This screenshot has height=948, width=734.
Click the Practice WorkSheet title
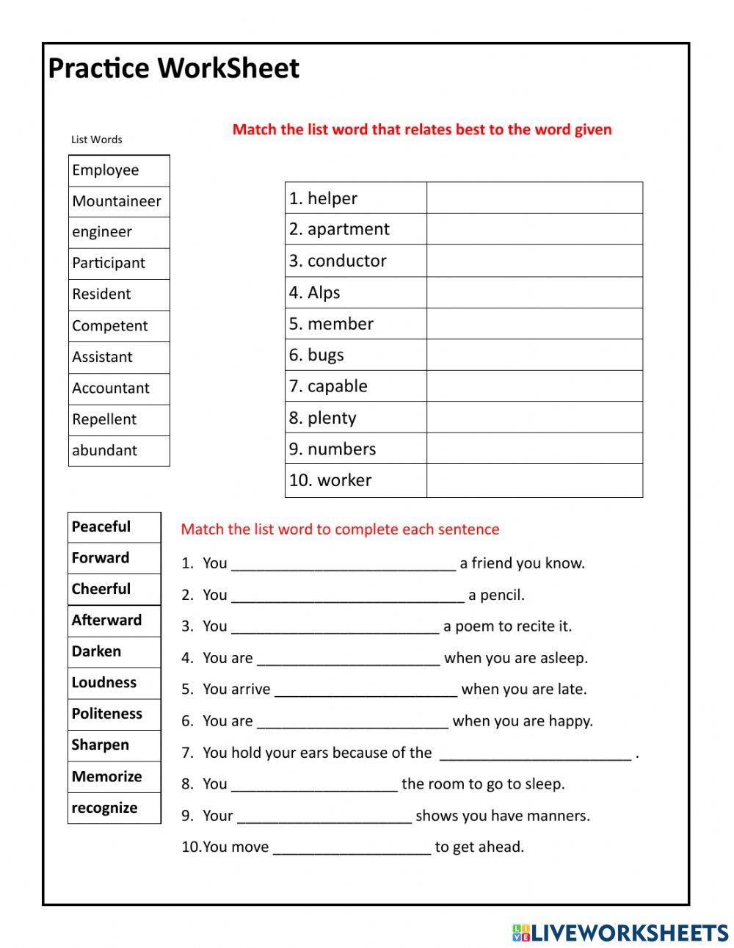pos(173,68)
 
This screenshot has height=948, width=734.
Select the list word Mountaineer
pos(117,201)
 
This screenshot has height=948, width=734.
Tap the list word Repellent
pos(104,419)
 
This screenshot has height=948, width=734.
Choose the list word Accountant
pos(111,388)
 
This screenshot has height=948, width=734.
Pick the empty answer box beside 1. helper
pos(534,198)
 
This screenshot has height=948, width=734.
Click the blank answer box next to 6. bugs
pos(534,355)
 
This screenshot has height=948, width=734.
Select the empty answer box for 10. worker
pos(534,480)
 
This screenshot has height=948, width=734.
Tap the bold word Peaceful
pos(101,527)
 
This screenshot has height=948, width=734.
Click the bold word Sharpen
pos(101,745)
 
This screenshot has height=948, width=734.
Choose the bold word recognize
pos(104,808)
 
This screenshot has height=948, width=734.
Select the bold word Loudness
pos(104,682)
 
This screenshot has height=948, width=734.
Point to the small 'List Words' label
pos(97,140)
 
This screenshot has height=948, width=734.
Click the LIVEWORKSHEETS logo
pos(620,933)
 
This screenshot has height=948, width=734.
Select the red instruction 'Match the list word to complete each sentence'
pos(340,529)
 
